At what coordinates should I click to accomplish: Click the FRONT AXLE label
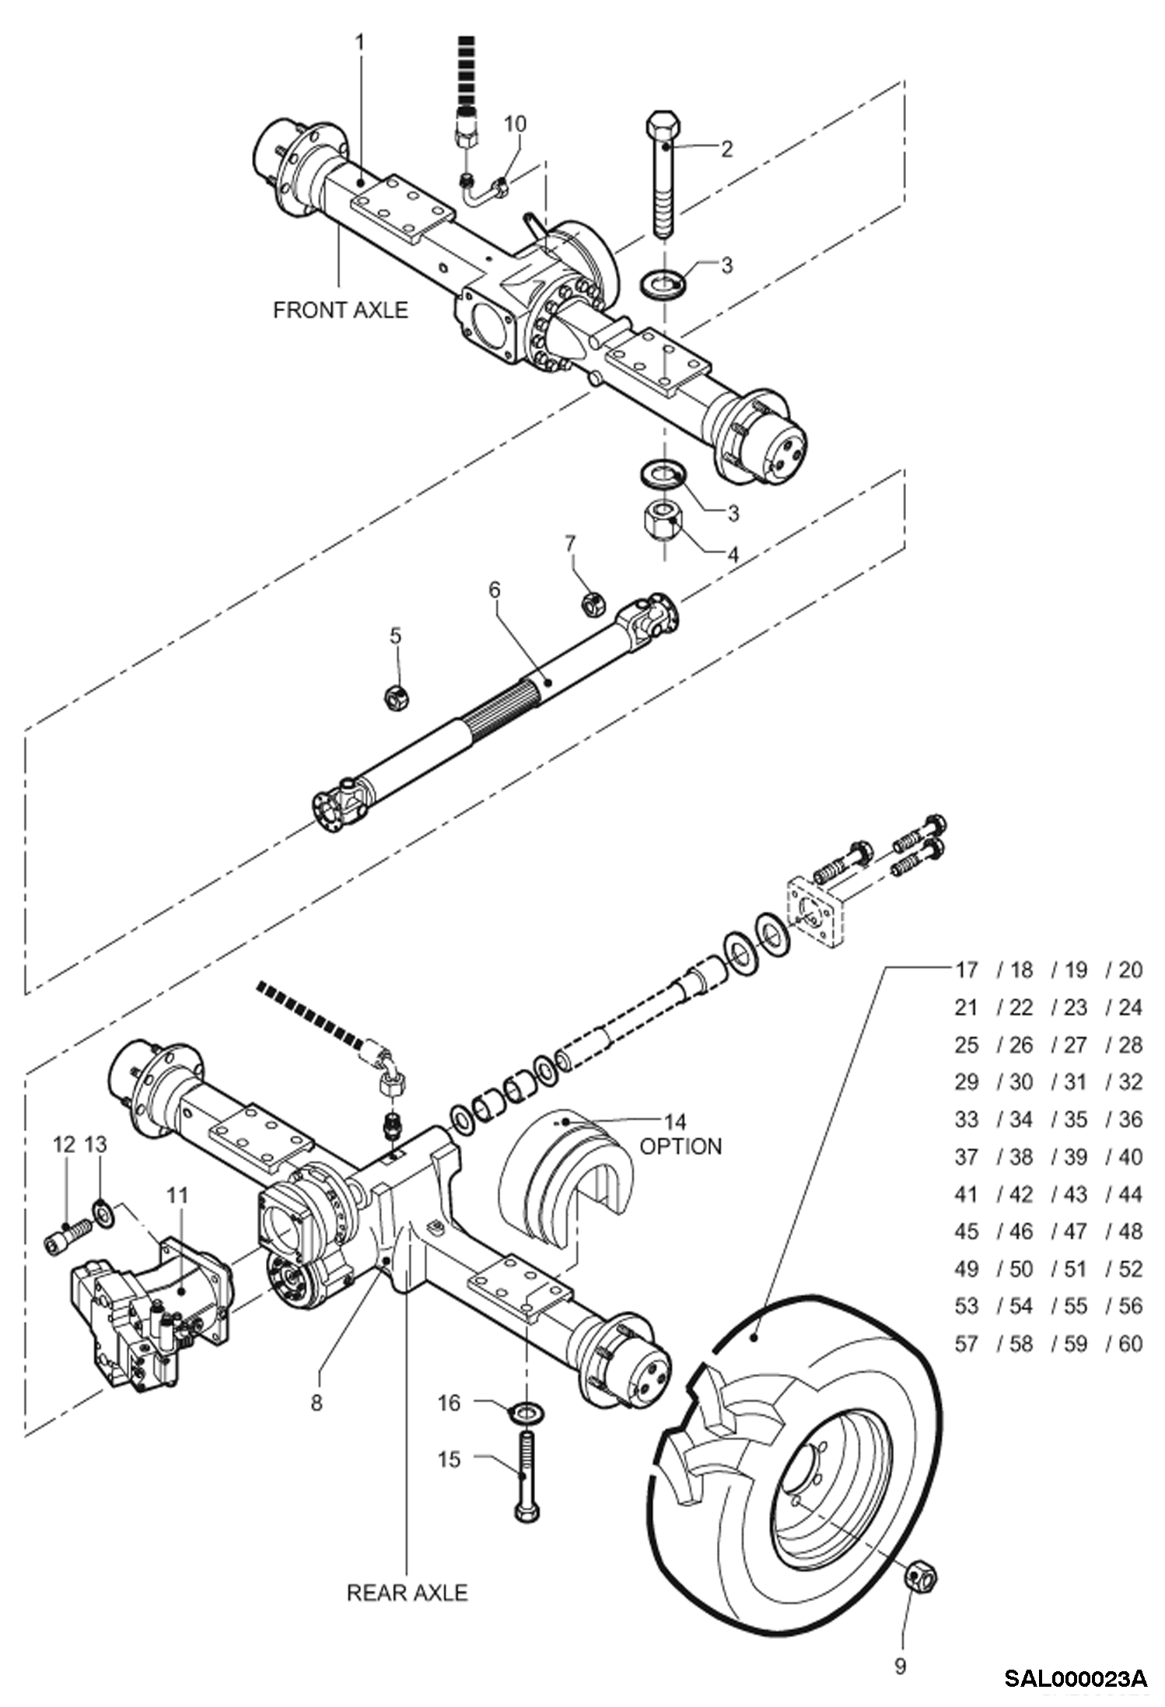tap(340, 310)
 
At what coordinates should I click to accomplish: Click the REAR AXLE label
tap(407, 1592)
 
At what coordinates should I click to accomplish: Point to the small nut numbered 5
tap(397, 696)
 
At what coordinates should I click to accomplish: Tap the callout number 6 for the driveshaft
tap(495, 590)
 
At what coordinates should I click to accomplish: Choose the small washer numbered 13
tap(102, 1211)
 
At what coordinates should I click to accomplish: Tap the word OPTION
tap(680, 1146)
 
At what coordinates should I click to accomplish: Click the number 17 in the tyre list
tap(966, 969)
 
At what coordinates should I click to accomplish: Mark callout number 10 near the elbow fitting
tap(515, 124)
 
